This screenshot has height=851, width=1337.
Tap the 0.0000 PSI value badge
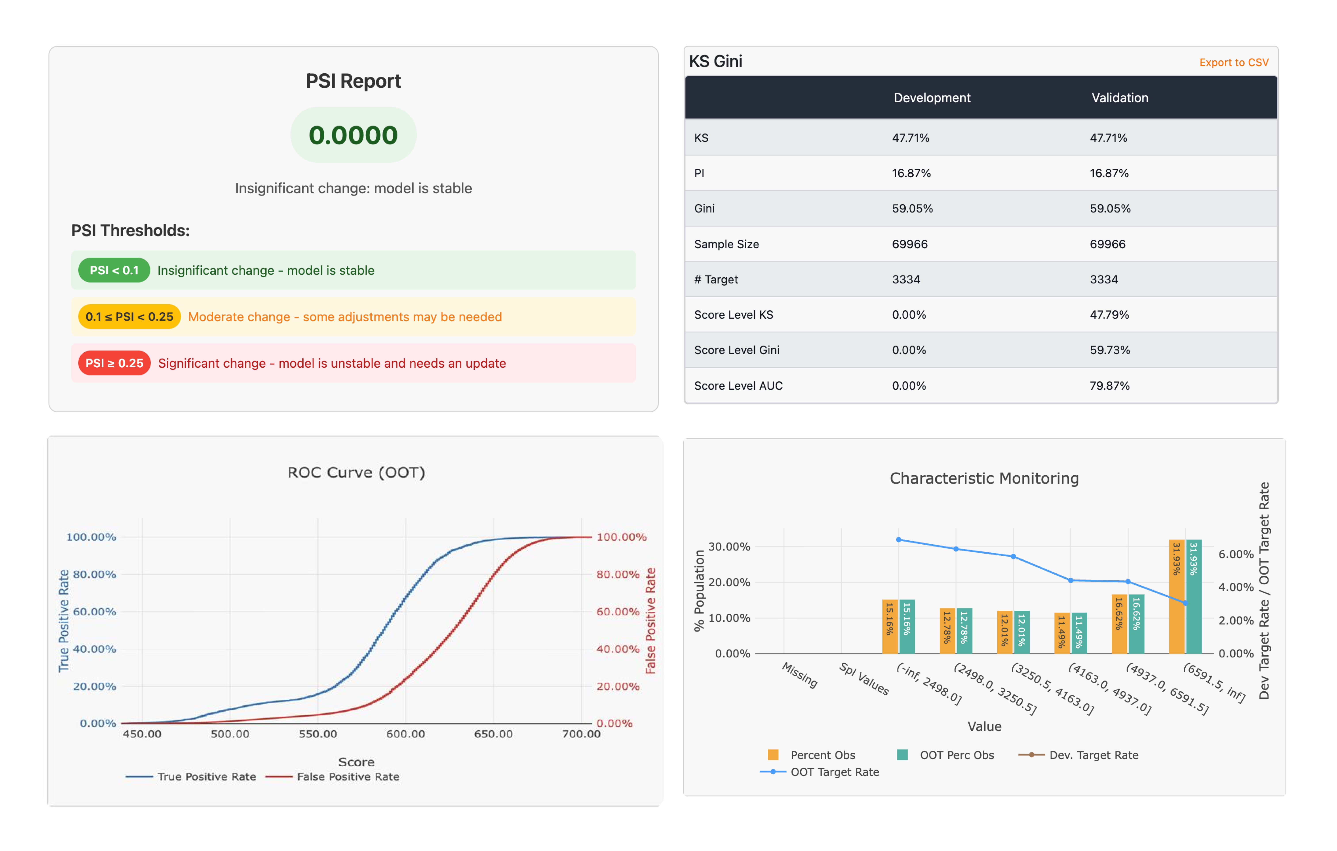coord(353,135)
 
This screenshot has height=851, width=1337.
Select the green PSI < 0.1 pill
coord(114,270)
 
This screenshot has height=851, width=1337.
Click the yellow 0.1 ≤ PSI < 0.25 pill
coord(129,317)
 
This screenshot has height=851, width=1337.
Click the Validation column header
coord(1119,98)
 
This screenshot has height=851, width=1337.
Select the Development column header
coord(932,98)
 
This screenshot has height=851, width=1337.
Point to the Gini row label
coord(704,209)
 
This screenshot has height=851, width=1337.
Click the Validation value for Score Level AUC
coord(1109,386)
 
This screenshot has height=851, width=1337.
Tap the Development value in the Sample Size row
coord(909,244)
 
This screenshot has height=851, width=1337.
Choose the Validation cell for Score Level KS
coord(1109,315)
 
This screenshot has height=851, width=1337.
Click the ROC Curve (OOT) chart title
coord(356,472)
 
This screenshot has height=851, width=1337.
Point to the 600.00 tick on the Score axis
coord(405,734)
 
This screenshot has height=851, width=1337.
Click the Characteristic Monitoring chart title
coord(984,479)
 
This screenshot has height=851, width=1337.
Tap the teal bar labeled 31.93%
coord(1194,597)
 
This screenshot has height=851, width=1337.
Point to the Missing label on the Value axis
coord(800,674)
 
